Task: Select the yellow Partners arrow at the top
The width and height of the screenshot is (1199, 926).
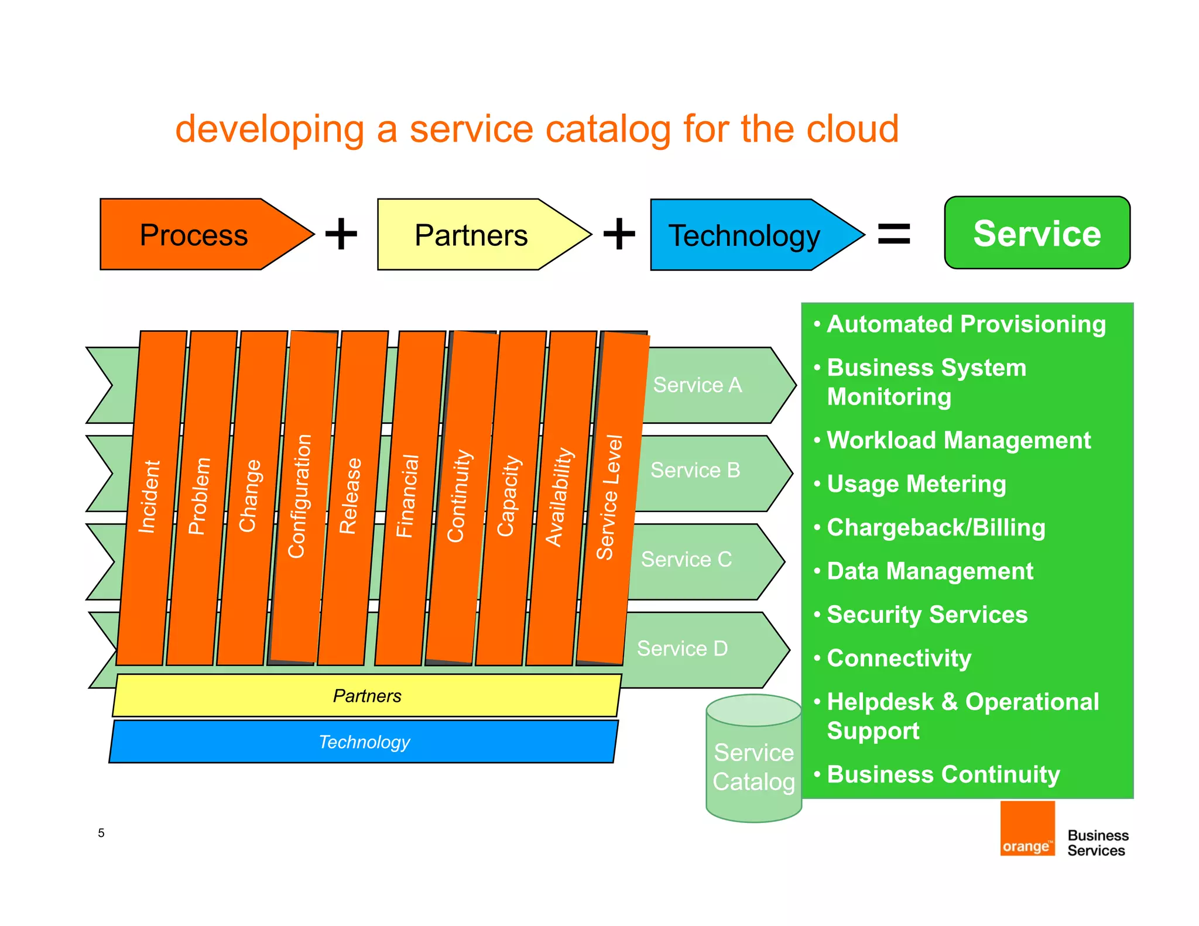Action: point(471,235)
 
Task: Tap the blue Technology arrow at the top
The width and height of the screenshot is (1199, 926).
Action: point(744,235)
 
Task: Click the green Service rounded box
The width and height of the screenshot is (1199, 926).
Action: point(1037,233)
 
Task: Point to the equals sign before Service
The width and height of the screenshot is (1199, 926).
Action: point(894,234)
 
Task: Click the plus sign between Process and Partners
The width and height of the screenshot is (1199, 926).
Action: point(341,234)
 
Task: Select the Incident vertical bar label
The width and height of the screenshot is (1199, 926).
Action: point(149,496)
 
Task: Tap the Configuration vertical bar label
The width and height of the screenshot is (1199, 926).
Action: point(299,496)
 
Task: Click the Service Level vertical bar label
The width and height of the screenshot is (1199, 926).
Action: point(609,498)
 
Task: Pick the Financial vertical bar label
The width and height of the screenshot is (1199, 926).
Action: point(407,496)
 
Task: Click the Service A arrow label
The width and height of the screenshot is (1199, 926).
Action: point(697,385)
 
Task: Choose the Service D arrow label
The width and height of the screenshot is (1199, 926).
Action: point(682,649)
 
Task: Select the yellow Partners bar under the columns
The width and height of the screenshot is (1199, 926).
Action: point(367,695)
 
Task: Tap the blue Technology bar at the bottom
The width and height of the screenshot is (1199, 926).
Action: point(364,742)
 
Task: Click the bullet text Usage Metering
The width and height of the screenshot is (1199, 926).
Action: point(916,484)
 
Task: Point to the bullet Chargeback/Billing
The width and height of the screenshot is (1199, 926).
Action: point(936,527)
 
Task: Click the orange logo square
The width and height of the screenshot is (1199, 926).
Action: point(1027,828)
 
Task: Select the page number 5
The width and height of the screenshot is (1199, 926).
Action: point(101,833)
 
